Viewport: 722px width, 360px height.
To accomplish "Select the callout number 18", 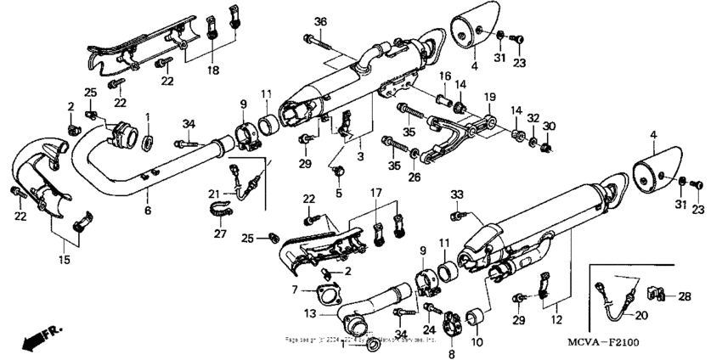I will [212, 69].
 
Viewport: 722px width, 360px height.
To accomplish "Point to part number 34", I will [188, 125].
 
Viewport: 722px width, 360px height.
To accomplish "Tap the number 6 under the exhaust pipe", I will [149, 211].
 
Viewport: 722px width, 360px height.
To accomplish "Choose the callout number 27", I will [219, 233].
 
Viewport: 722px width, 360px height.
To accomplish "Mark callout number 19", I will [490, 97].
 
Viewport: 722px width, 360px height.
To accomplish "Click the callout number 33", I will [456, 194].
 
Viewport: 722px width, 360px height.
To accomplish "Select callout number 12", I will [556, 321].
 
